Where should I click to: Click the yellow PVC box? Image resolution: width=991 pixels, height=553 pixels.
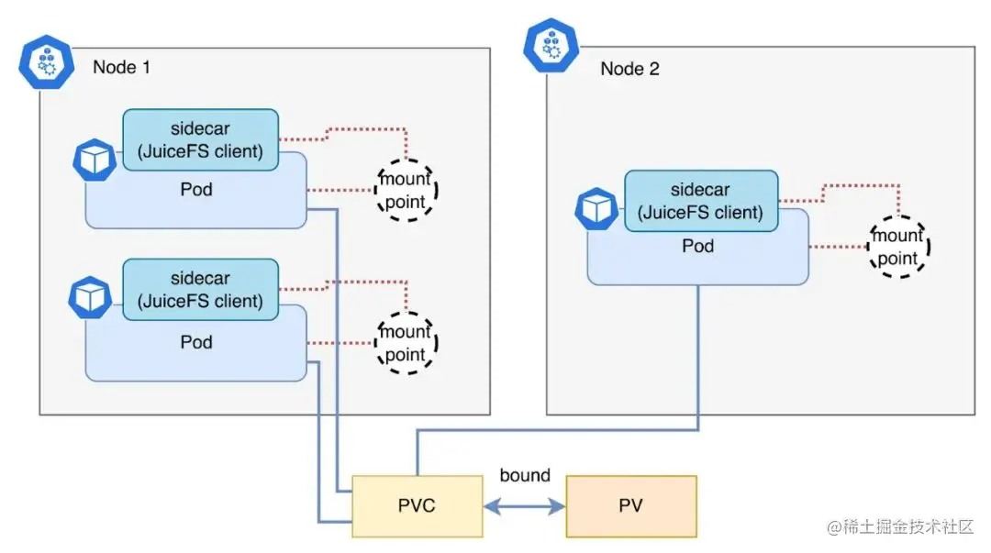pyautogui.click(x=418, y=505)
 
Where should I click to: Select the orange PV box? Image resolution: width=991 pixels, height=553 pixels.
pyautogui.click(x=631, y=505)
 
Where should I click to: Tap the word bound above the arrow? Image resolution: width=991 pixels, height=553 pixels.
pyautogui.click(x=525, y=475)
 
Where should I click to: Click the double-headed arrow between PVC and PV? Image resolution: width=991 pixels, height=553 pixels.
pyautogui.click(x=525, y=505)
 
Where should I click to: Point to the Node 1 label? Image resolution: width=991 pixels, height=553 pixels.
pyautogui.click(x=121, y=67)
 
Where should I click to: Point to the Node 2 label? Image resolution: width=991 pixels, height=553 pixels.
pyautogui.click(x=629, y=69)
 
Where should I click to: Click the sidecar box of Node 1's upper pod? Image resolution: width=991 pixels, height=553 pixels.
pyautogui.click(x=200, y=139)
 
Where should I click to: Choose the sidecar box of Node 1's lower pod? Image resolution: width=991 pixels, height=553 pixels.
pyautogui.click(x=200, y=289)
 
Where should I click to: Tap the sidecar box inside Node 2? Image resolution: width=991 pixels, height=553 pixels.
pyautogui.click(x=700, y=201)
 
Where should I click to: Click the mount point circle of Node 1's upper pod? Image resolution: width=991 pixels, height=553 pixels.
pyautogui.click(x=406, y=190)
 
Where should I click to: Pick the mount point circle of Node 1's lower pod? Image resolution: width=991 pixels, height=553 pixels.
pyautogui.click(x=406, y=343)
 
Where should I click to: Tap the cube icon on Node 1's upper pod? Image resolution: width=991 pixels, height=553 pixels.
pyautogui.click(x=93, y=160)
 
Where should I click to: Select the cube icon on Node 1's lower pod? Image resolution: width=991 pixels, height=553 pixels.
pyautogui.click(x=91, y=298)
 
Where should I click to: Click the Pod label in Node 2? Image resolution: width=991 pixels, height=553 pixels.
pyautogui.click(x=697, y=246)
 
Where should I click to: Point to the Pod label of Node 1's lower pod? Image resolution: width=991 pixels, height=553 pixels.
pyautogui.click(x=195, y=342)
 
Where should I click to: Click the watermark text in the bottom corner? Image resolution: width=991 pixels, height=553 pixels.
pyautogui.click(x=905, y=527)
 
